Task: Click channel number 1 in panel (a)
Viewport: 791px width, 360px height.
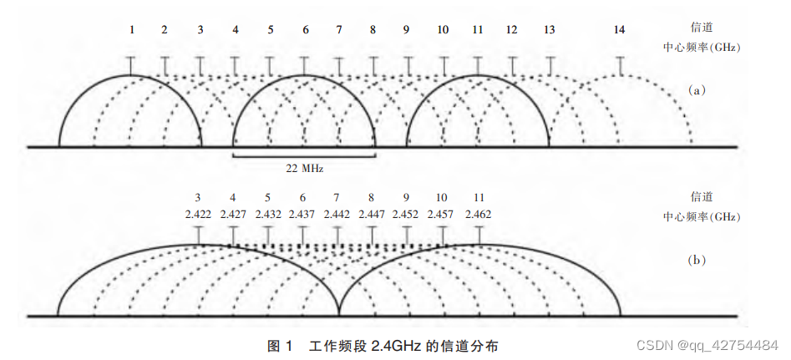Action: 131,30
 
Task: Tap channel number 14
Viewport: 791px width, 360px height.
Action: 619,30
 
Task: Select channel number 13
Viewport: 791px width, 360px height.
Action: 549,30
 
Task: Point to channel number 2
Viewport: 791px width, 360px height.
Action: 165,30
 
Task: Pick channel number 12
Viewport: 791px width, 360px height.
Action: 511,30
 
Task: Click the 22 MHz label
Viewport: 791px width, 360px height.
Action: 304,168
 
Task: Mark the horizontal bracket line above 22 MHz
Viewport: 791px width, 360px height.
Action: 304,156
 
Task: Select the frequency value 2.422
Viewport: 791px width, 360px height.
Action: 198,215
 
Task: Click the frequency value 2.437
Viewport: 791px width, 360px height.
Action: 302,215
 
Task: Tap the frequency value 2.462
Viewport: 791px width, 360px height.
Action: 478,215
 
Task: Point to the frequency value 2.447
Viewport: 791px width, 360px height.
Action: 371,215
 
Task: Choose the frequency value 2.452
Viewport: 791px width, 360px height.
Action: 405,215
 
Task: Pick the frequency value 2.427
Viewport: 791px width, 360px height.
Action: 232,215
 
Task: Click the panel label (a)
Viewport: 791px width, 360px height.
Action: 696,90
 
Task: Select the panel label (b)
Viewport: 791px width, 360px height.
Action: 696,260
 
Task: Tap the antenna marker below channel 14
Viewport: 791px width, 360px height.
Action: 619,64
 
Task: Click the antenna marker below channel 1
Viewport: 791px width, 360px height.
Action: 131,64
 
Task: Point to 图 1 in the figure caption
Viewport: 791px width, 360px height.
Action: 278,345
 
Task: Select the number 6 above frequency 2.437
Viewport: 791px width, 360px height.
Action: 302,198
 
